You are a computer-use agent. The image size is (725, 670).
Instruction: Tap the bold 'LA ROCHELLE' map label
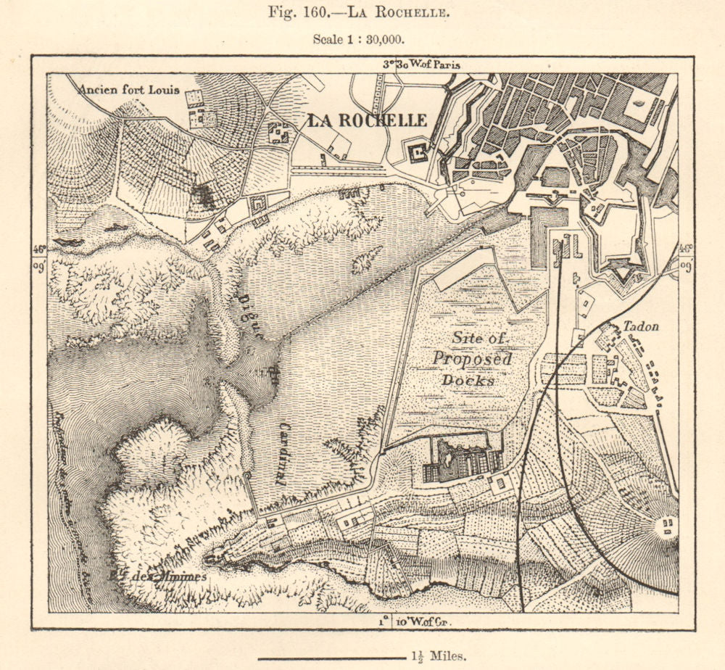tap(367, 120)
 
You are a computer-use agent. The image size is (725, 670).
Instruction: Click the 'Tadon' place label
tap(641, 327)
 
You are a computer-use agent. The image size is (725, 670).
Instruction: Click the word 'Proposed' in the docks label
tap(472, 359)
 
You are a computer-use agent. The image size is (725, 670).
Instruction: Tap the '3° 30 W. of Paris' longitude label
tap(421, 64)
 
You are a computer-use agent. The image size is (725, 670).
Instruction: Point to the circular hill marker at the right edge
tap(666, 525)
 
